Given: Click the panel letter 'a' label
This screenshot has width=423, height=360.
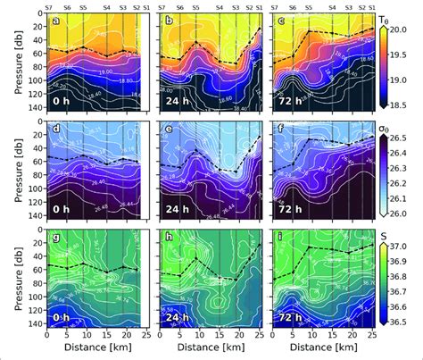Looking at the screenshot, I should (56, 21).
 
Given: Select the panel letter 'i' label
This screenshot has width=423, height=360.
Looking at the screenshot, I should (281, 241).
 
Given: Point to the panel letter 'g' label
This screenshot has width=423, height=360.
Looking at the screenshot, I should (56, 241).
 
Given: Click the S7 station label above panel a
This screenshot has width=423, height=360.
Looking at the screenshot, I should (47, 5).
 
